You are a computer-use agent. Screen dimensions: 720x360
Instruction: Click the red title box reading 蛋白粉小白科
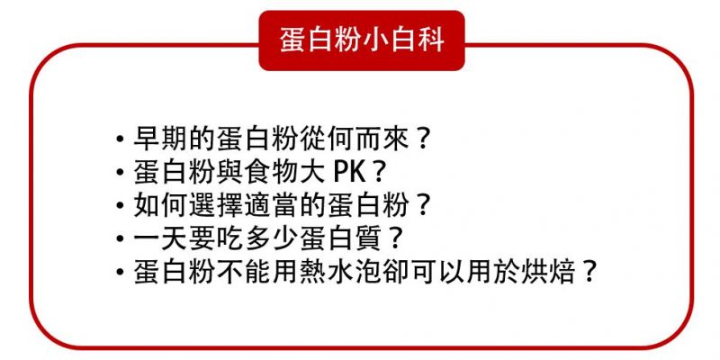362,40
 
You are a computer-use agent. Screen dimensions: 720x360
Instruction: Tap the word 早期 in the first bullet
161,139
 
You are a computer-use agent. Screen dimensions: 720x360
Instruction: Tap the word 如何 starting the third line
161,206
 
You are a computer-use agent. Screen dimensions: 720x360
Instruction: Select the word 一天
161,239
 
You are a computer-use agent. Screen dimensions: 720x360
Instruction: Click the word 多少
274,239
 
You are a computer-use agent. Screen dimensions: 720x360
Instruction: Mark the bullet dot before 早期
121,139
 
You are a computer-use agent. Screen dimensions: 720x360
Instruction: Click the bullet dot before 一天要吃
121,239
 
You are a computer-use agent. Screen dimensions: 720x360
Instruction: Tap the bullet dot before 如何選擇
121,206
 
